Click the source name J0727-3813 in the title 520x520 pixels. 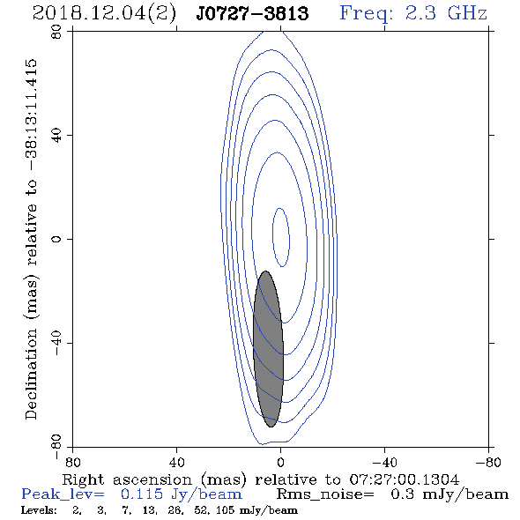252,13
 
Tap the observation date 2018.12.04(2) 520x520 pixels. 104,14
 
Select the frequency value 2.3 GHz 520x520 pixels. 446,13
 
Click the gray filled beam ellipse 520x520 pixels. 268,349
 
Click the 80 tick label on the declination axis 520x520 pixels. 56,32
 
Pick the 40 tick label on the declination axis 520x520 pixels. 56,136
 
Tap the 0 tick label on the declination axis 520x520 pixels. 56,239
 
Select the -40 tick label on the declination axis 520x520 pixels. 56,343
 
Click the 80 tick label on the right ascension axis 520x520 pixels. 72,463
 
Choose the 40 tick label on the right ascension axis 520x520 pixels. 177,463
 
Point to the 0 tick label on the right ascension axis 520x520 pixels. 281,463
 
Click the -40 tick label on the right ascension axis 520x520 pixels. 385,463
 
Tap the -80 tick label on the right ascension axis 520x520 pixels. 488,463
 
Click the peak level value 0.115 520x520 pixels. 142,494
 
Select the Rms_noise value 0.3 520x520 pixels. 402,494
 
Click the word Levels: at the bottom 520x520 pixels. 39,510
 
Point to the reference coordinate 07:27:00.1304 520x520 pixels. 405,479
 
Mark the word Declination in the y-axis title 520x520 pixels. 31,375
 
